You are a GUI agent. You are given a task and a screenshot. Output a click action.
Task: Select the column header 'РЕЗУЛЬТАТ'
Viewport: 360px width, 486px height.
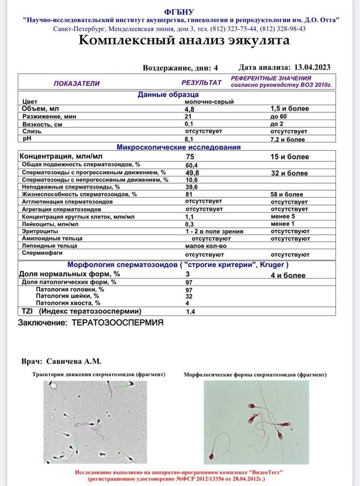[x=202, y=83]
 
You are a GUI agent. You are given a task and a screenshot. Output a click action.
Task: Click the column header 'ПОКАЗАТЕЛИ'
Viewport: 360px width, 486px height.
[x=76, y=83]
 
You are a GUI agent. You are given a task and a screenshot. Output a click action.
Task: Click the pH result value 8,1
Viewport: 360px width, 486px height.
[x=189, y=139]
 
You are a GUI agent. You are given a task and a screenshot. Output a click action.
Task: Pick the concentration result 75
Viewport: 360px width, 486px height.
[x=191, y=157]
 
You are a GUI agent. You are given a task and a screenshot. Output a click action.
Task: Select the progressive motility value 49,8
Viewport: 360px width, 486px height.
[x=193, y=173]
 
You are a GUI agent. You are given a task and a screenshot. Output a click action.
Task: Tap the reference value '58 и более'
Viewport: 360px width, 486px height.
[x=287, y=194]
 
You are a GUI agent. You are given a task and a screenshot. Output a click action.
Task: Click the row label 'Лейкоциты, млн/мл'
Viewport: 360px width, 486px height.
[x=50, y=224]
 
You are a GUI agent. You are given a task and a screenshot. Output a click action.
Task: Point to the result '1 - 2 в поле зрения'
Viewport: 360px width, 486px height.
[x=214, y=231]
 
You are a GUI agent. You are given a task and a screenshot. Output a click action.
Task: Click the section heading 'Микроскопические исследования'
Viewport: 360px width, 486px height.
[x=178, y=147]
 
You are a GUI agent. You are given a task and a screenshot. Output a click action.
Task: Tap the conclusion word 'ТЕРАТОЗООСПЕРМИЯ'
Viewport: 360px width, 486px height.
[x=118, y=323]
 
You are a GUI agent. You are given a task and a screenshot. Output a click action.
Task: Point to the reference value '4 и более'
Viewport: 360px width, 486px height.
[x=288, y=276]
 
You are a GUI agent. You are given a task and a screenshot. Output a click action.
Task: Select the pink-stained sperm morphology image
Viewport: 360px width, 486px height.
[x=256, y=422]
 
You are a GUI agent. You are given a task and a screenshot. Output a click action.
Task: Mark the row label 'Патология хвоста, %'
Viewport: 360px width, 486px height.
[x=68, y=303]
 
